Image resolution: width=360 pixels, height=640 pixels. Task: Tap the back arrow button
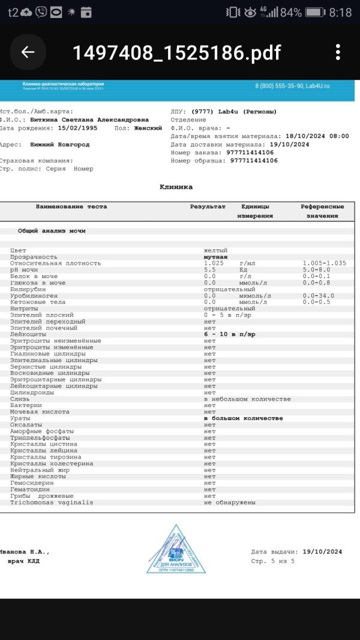pyautogui.click(x=28, y=52)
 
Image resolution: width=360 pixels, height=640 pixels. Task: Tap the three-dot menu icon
pyautogui.click(x=338, y=52)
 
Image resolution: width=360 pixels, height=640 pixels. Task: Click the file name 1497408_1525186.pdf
pyautogui.click(x=176, y=53)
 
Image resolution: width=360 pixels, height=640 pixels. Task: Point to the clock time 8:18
pyautogui.click(x=341, y=12)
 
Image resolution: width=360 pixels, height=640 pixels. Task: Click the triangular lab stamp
pyautogui.click(x=176, y=551)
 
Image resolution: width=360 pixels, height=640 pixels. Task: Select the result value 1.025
pyautogui.click(x=214, y=263)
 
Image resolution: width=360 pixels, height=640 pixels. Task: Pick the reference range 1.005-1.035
pyautogui.click(x=325, y=263)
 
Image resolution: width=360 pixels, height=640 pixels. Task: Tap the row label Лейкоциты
pyautogui.click(x=26, y=334)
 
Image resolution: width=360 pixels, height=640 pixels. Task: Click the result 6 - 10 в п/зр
pyautogui.click(x=229, y=334)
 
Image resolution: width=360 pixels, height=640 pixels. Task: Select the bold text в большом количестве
pyautogui.click(x=243, y=418)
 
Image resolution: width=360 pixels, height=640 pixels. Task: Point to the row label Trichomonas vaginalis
pyautogui.click(x=52, y=502)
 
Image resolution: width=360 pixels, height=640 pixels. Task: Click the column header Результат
pyautogui.click(x=208, y=207)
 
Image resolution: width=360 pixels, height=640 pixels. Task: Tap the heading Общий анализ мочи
pyautogui.click(x=52, y=231)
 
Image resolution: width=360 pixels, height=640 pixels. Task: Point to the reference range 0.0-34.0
pyautogui.click(x=319, y=295)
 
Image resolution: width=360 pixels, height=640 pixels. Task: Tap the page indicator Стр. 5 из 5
pyautogui.click(x=273, y=561)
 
